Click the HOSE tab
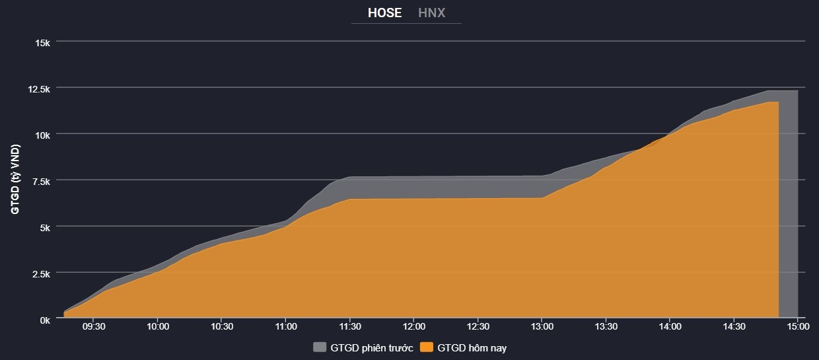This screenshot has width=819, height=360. (x=384, y=13)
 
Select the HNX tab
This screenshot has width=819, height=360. (x=432, y=13)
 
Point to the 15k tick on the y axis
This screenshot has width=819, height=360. (x=42, y=42)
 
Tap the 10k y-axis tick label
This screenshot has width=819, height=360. (x=42, y=135)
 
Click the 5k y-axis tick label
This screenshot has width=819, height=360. (x=44, y=227)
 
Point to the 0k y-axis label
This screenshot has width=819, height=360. (x=44, y=319)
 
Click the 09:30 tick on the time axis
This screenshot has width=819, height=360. (x=94, y=327)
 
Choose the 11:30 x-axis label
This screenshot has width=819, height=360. (x=350, y=327)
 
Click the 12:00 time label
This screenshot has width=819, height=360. (x=414, y=327)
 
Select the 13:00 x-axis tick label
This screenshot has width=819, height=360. (x=542, y=327)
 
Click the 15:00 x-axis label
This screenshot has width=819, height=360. (x=797, y=327)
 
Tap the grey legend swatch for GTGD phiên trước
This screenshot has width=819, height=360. (x=320, y=347)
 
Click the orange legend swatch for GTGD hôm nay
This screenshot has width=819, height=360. (x=427, y=347)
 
